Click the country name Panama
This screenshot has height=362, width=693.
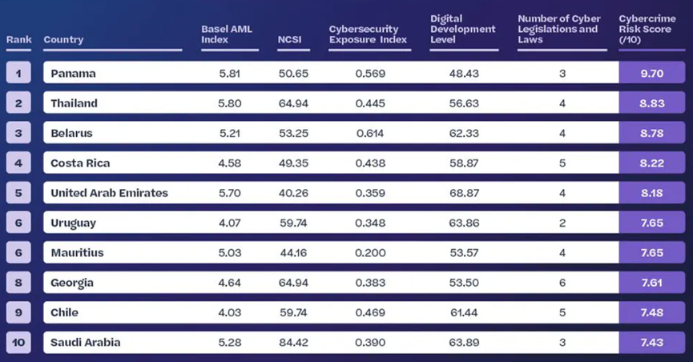click(73, 74)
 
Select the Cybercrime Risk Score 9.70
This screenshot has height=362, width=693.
click(652, 74)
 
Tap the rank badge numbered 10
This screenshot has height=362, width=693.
click(18, 343)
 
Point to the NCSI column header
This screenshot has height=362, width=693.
click(288, 39)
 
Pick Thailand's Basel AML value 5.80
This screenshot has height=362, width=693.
click(231, 103)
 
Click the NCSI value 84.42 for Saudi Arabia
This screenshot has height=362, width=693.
click(292, 343)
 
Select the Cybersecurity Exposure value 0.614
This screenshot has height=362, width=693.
click(370, 133)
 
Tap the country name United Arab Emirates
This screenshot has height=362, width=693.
click(109, 193)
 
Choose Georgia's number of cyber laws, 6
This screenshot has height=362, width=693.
click(562, 283)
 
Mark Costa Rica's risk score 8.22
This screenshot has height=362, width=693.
click(652, 163)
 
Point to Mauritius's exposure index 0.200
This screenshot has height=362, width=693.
click(370, 253)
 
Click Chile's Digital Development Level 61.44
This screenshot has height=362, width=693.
click(464, 312)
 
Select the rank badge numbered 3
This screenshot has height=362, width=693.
click(18, 133)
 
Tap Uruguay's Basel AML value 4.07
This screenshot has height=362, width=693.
click(231, 223)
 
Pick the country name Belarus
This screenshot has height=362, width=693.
click(71, 133)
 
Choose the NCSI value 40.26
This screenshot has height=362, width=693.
click(292, 193)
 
